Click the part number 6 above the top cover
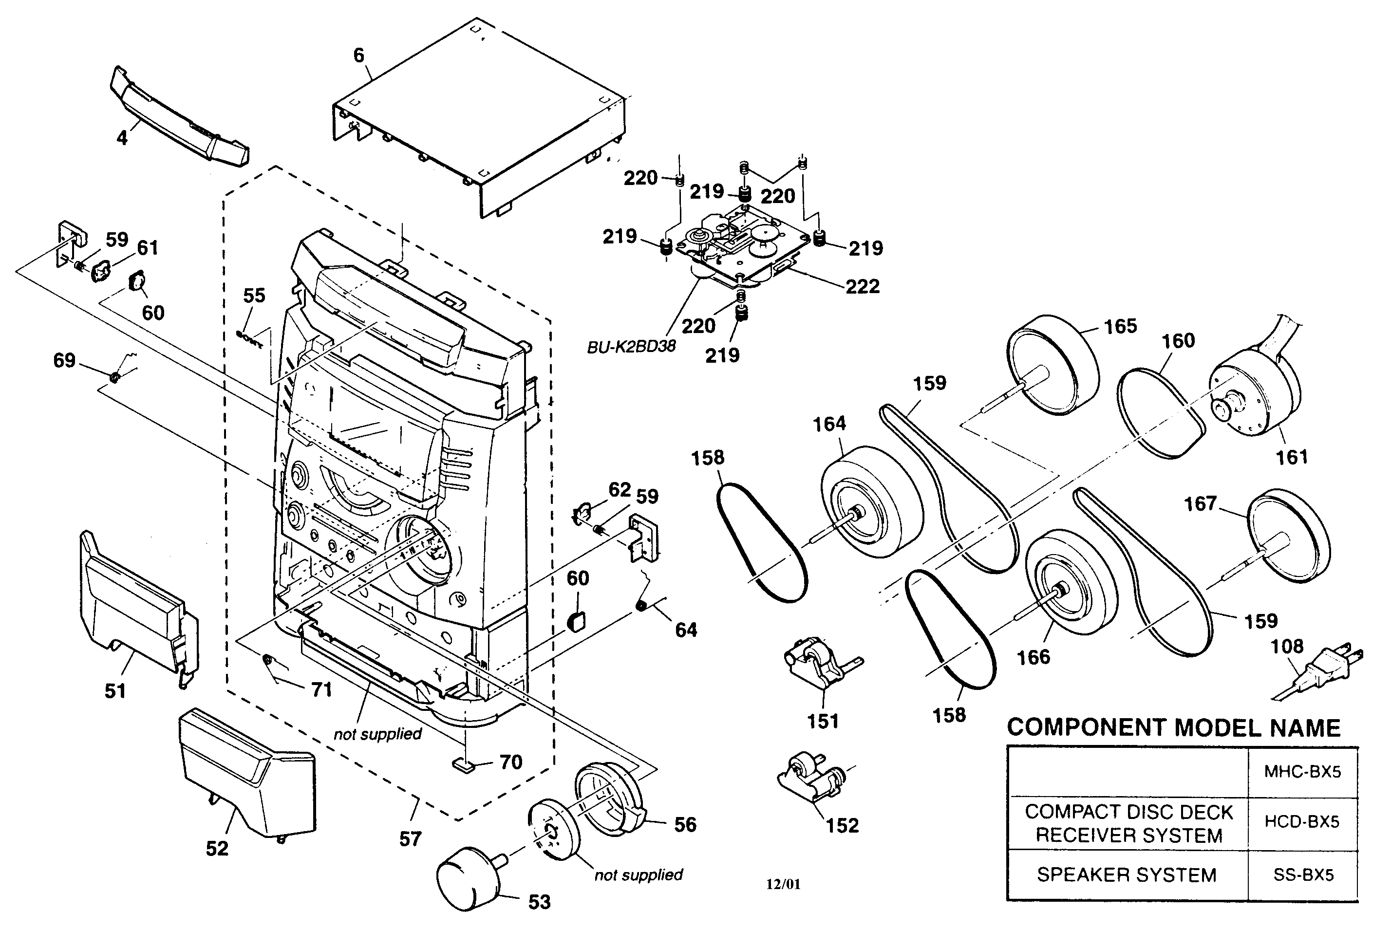pyautogui.click(x=358, y=55)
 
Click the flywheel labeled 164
pyautogui.click(x=871, y=501)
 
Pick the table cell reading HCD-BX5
pyautogui.click(x=1302, y=822)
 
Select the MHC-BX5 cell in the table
pyautogui.click(x=1302, y=771)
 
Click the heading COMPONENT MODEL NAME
pyautogui.click(x=1173, y=727)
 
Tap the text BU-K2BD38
pyautogui.click(x=631, y=347)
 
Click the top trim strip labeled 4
pyautogui.click(x=178, y=118)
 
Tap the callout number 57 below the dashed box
pyautogui.click(x=410, y=838)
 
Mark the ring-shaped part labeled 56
pyautogui.click(x=610, y=800)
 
